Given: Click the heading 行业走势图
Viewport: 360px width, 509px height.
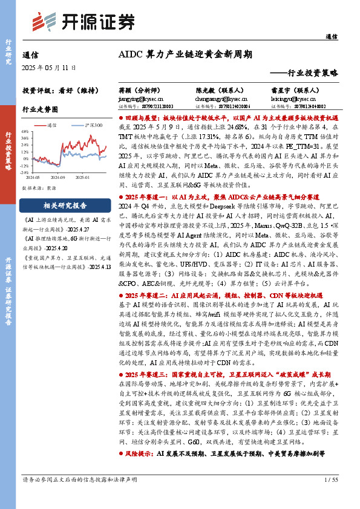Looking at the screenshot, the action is point(41,111).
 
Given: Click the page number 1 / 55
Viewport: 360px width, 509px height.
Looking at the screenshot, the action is point(330,481).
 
